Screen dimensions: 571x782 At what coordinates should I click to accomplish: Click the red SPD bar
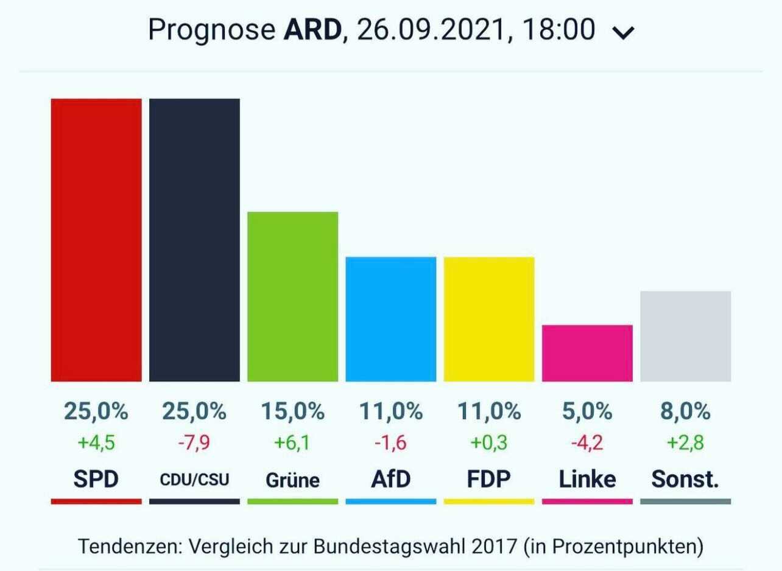(96, 240)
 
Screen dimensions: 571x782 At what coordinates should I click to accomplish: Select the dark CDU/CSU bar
(194, 240)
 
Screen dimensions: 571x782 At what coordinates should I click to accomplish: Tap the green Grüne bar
(292, 296)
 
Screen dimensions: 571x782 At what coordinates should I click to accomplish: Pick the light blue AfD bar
(391, 319)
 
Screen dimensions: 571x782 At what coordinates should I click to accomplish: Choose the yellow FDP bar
(489, 319)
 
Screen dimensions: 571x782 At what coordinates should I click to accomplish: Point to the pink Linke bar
(587, 353)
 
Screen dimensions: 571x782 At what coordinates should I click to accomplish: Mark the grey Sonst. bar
(686, 336)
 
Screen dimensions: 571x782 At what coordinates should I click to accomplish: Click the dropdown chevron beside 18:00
(623, 32)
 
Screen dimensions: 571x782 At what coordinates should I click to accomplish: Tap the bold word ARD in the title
(312, 30)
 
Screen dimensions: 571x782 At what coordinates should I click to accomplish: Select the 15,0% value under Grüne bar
(292, 412)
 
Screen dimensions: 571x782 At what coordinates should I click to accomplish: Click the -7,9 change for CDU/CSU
(194, 443)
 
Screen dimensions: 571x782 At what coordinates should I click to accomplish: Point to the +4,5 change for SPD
(96, 443)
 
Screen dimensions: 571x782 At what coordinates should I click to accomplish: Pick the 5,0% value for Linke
(587, 412)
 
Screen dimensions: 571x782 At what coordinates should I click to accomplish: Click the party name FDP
(489, 479)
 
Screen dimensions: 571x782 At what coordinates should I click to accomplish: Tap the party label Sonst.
(685, 479)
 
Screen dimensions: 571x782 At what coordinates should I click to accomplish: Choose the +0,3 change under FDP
(489, 443)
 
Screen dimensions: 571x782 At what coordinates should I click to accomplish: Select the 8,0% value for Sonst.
(686, 412)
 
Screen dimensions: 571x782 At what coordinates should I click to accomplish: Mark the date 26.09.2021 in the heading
(431, 30)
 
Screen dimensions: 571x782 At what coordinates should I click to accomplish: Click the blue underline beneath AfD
(391, 502)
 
